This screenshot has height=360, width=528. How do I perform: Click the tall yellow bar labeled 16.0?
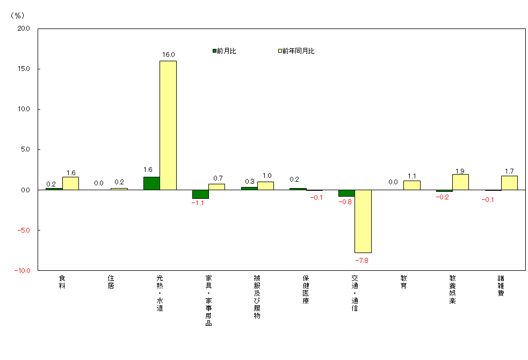pos(168,125)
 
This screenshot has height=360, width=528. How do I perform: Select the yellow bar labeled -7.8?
pos(363,221)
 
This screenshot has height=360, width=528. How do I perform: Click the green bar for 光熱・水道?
pos(151,183)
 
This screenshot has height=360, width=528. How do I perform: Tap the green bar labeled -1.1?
pos(200,194)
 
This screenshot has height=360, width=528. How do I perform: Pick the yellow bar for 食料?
pos(70,183)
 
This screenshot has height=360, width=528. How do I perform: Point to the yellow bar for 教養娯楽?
pos(460,182)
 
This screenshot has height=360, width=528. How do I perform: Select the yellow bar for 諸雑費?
pos(509,183)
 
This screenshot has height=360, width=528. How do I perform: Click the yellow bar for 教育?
pos(411,185)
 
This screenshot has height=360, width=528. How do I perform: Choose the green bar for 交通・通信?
pos(346,193)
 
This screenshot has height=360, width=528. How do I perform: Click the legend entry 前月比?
pos(225,51)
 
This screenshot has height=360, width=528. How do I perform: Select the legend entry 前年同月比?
pos(296,51)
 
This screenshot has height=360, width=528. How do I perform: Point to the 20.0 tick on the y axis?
pos(24,28)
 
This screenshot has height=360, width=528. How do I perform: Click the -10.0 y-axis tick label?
pos(23,271)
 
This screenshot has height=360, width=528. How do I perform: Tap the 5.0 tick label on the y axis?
pos(25,149)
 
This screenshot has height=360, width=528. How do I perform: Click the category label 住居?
pos(111,282)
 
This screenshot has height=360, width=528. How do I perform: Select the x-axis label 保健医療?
pos(306,289)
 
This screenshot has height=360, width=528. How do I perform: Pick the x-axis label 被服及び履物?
pos(257,297)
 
